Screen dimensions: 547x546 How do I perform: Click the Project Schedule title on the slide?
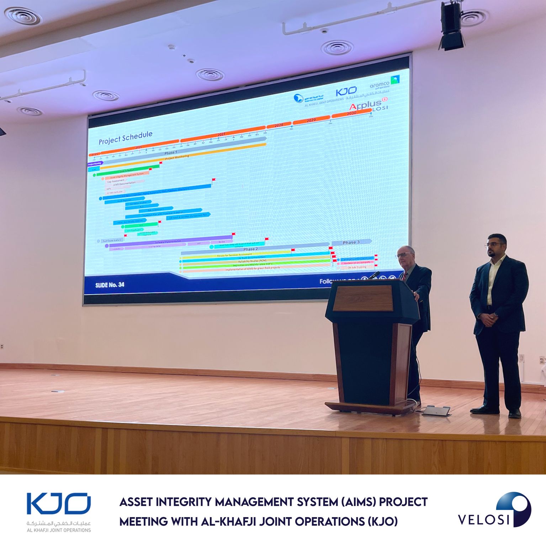click(x=125, y=137)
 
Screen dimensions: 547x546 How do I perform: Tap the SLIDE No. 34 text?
click(x=110, y=285)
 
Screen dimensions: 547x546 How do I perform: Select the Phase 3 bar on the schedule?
click(x=351, y=242)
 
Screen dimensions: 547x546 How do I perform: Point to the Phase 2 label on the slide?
click(x=250, y=249)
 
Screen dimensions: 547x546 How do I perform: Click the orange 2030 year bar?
click(x=351, y=113)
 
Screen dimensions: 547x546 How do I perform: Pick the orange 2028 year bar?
click(x=279, y=125)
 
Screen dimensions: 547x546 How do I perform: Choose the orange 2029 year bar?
click(x=311, y=120)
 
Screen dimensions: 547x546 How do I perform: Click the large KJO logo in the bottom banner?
click(x=59, y=504)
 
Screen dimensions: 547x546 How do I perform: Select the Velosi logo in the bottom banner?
click(x=494, y=510)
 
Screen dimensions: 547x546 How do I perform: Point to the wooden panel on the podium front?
click(x=363, y=298)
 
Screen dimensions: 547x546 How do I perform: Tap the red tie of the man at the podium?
click(x=404, y=276)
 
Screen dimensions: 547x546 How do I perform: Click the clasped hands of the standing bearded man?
click(x=488, y=319)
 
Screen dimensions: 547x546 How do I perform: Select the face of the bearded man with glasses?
click(x=497, y=246)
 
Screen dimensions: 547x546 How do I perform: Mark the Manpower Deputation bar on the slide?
click(x=357, y=259)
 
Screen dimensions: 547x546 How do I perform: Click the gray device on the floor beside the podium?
click(x=436, y=411)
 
